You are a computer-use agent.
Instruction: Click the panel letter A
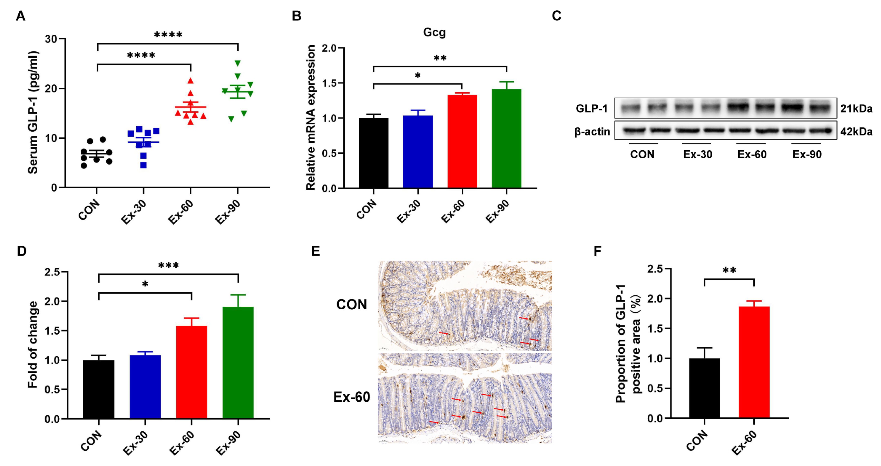[21, 16]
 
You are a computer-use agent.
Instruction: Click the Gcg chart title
[434, 32]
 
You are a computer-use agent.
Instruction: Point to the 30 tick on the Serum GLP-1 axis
[51, 39]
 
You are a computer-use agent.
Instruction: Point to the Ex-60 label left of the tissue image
[352, 397]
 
